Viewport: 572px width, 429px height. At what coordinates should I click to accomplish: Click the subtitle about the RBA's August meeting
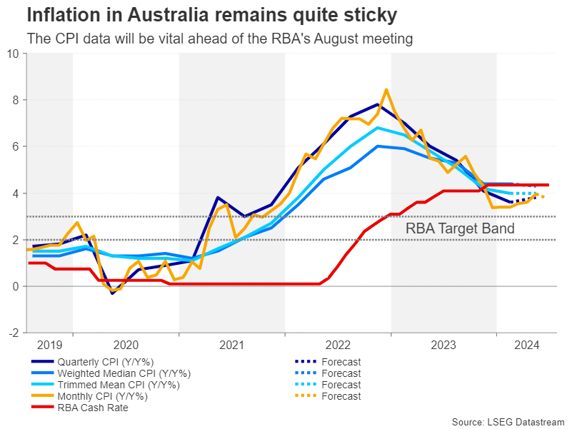click(x=219, y=39)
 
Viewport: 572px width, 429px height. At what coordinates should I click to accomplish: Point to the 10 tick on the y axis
click(x=14, y=53)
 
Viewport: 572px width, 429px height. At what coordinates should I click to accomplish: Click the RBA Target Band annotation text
click(x=460, y=229)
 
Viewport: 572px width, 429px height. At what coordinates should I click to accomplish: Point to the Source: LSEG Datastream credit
click(x=508, y=420)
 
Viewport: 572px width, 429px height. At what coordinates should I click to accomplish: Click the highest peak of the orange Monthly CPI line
click(x=386, y=90)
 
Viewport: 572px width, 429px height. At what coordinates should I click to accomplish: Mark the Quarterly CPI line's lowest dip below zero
click(x=112, y=293)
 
